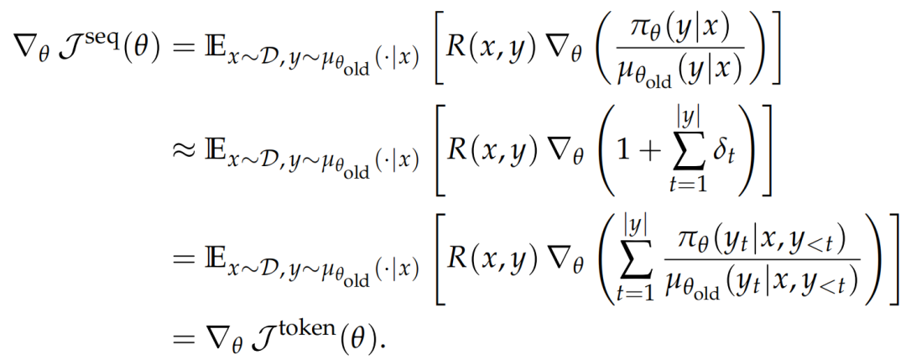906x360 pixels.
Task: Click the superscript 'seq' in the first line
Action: click(x=106, y=29)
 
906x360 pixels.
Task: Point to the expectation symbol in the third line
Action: click(x=214, y=255)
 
